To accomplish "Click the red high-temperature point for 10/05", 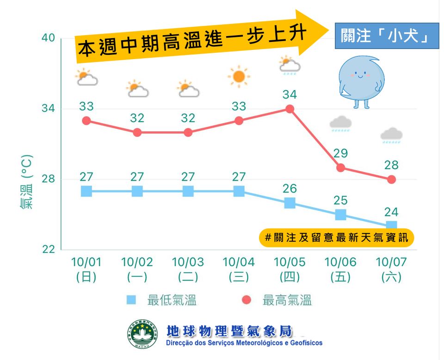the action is pyautogui.click(x=290, y=109).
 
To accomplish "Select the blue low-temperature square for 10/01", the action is pyautogui.click(x=86, y=191).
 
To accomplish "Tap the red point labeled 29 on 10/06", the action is pyautogui.click(x=341, y=168).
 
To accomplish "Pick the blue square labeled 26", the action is pyautogui.click(x=290, y=203).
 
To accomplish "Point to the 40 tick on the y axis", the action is pyautogui.click(x=48, y=37).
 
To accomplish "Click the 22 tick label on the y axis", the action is pyautogui.click(x=48, y=250).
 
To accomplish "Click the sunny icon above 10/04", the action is pyautogui.click(x=239, y=76).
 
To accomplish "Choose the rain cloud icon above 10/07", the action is pyautogui.click(x=391, y=135).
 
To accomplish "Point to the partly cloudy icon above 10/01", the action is pyautogui.click(x=86, y=77).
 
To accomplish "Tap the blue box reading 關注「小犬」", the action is pyautogui.click(x=387, y=36).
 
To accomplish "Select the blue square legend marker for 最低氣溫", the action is pyautogui.click(x=131, y=300).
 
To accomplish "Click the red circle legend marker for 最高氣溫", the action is pyautogui.click(x=247, y=300).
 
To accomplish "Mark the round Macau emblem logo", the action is pyautogui.click(x=142, y=334).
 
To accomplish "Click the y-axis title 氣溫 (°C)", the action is pyautogui.click(x=26, y=182).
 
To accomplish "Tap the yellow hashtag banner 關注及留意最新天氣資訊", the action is pyautogui.click(x=336, y=238).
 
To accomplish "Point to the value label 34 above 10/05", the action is pyautogui.click(x=290, y=95).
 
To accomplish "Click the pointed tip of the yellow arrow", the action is pyautogui.click(x=328, y=30).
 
